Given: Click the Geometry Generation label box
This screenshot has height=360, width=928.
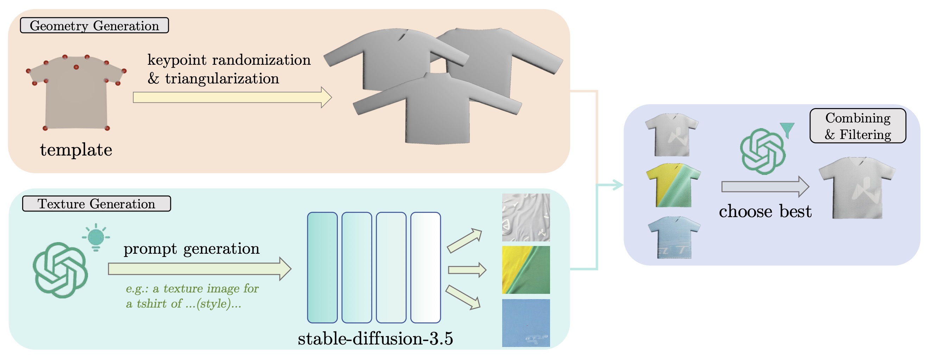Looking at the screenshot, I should pos(94,26).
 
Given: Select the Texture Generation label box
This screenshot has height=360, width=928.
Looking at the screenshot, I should pos(96,204).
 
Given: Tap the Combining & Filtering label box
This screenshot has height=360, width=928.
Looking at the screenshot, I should pos(858,126).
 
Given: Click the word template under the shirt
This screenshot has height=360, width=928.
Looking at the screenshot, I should pos(76,150).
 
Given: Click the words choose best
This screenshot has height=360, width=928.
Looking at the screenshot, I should pos(765,211).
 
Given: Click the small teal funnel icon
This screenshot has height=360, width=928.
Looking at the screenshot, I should pos(787,130).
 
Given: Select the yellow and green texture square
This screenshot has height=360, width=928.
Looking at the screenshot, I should pos(526,270).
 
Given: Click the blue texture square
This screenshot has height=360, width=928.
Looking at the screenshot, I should pos(526,323).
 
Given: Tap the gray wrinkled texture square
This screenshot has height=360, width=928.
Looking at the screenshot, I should pos(526,217).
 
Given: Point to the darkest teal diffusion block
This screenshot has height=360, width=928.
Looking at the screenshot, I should pos(322,267).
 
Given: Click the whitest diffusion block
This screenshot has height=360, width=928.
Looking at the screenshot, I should pos(425,267).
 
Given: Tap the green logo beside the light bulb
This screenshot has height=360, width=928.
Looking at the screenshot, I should pos(60,270).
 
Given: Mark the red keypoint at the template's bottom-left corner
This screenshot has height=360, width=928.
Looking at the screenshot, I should pos(45,128).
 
